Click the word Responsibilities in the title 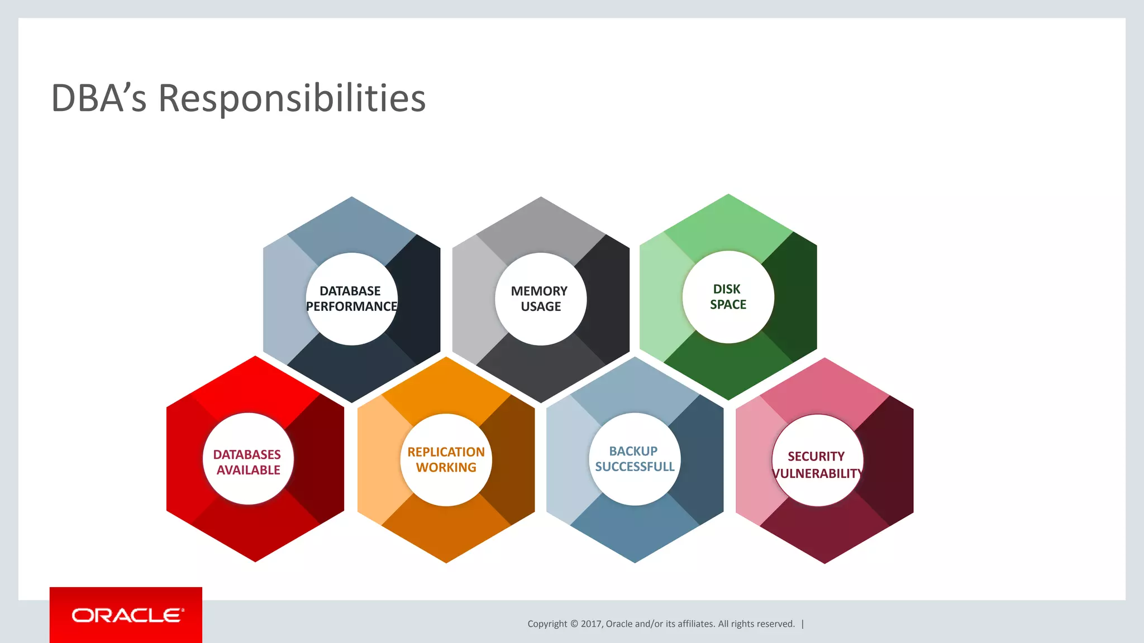(292, 98)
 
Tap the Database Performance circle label (351, 299)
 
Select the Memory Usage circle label (540, 299)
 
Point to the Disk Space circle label (728, 296)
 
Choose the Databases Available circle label (248, 462)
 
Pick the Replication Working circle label (446, 459)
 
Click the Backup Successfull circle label (635, 459)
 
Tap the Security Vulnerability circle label (817, 464)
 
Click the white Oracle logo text (127, 615)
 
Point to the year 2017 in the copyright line (590, 624)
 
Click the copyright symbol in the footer (574, 624)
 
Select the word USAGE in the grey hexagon (541, 306)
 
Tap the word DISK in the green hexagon (727, 289)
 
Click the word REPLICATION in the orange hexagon (446, 452)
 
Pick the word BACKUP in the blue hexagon (633, 451)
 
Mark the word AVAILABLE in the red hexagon (248, 470)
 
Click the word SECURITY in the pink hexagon (816, 457)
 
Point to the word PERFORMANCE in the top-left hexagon (351, 306)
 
